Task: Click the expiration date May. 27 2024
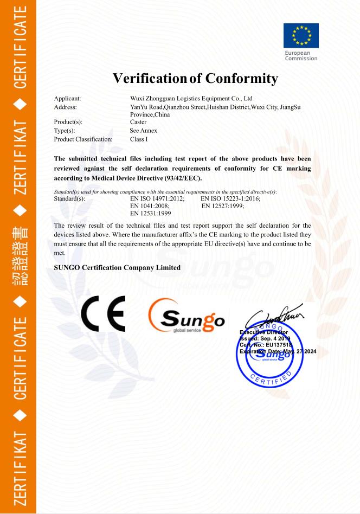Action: pyautogui.click(x=297, y=351)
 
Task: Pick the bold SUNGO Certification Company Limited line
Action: pyautogui.click(x=117, y=267)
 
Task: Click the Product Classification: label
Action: pyautogui.click(x=83, y=139)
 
